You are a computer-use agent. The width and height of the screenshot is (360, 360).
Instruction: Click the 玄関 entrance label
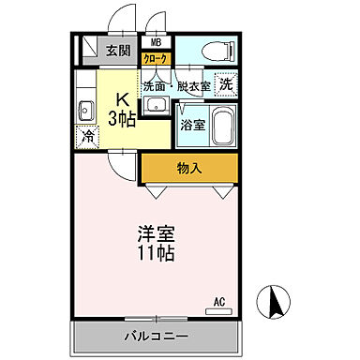117,51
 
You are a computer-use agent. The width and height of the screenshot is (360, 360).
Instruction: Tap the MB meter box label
155,42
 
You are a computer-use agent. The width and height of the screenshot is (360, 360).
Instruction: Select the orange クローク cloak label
155,58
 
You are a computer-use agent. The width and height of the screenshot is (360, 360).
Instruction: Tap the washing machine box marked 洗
226,83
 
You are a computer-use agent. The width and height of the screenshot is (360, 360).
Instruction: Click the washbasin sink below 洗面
154,100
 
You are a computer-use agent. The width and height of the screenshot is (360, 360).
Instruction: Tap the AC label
219,302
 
